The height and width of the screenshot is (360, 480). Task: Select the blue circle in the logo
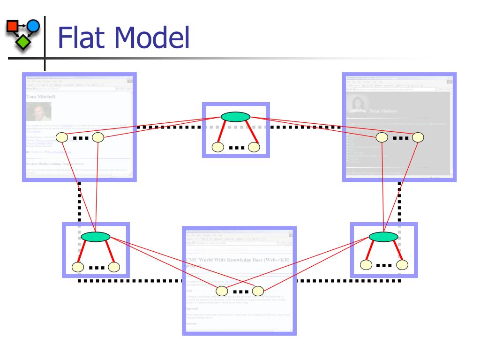pos(33,25)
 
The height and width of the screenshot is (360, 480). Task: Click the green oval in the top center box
pos(235,116)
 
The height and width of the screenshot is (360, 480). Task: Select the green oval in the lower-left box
pos(95,237)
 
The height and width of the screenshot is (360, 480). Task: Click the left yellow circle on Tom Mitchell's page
pos(62,138)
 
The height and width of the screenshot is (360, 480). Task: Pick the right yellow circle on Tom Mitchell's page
pos(97,137)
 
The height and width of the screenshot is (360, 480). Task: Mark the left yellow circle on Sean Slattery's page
pos(382,137)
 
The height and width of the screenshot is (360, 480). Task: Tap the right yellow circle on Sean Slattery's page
pos(418,137)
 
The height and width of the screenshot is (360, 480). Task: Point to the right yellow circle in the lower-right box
pos(402,264)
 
